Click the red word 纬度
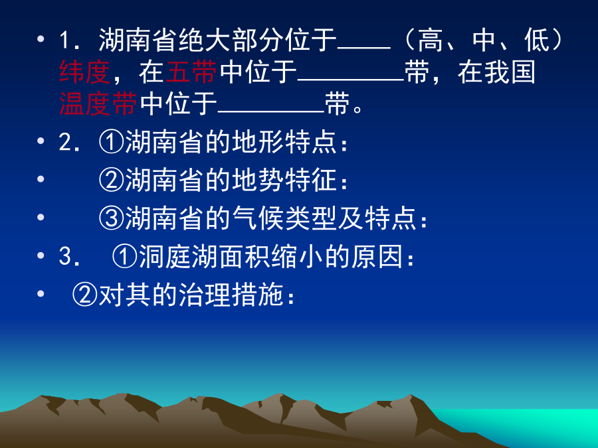84,72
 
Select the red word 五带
191,72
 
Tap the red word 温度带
98,104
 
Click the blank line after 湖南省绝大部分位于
364,48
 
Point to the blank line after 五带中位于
351,80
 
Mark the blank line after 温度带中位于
271,112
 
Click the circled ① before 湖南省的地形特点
112,142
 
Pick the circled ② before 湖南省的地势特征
112,180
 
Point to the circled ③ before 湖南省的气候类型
112,218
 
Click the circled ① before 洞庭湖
125,256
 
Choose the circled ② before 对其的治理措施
84,294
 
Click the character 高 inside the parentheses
430,40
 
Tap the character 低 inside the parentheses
537,40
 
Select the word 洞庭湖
178,256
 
